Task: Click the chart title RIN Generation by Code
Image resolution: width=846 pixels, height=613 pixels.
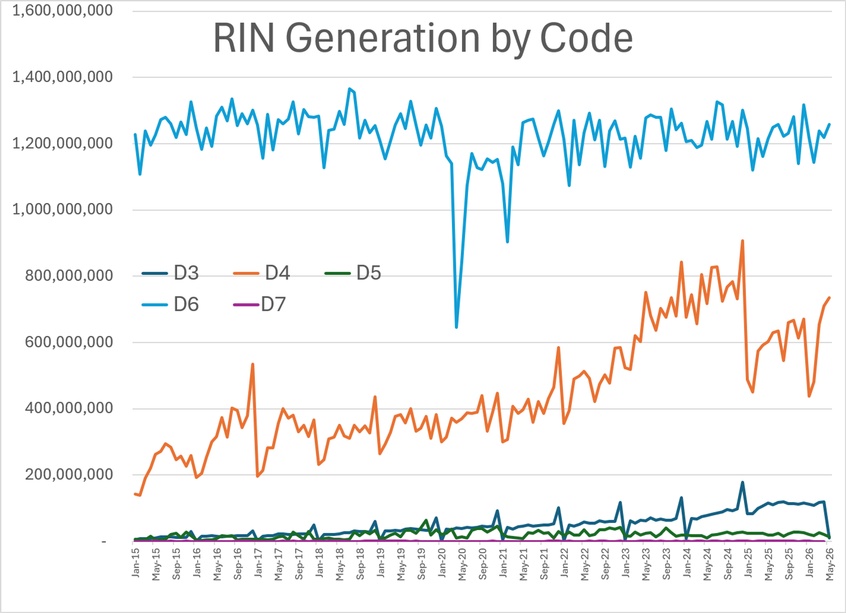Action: pos(423,38)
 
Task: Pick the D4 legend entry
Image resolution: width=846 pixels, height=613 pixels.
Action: pos(262,273)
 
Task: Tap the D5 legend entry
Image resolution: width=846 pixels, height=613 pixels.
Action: pos(353,273)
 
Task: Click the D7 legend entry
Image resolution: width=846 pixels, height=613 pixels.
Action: pos(260,305)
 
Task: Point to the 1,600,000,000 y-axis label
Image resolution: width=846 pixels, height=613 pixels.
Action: pos(62,10)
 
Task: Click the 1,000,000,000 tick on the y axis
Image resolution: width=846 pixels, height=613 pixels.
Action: pos(62,210)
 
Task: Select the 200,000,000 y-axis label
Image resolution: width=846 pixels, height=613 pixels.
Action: pos(69,475)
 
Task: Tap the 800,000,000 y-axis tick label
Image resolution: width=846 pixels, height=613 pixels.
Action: pos(69,276)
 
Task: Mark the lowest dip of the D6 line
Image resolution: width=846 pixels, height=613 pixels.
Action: pos(456,327)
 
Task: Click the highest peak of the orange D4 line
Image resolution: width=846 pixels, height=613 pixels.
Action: pos(742,241)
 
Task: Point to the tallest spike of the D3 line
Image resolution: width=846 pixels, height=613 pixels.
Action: pos(742,482)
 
